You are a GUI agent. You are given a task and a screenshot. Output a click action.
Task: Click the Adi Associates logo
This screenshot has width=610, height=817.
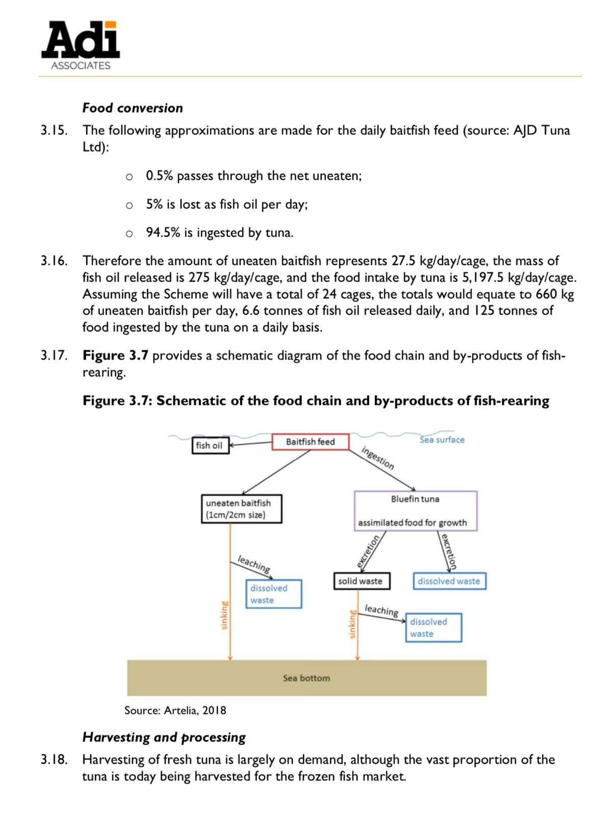(81, 45)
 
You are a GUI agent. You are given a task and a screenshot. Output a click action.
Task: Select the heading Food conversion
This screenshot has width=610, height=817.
(133, 108)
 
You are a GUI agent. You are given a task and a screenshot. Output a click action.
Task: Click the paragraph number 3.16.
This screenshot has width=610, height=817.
(54, 261)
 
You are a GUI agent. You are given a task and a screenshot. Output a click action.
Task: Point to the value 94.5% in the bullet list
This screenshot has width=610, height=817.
(163, 233)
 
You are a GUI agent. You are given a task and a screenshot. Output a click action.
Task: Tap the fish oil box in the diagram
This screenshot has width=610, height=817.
(209, 445)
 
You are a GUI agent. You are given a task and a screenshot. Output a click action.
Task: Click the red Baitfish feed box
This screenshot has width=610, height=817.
(310, 442)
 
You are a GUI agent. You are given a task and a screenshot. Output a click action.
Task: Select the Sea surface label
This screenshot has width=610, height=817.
(442, 440)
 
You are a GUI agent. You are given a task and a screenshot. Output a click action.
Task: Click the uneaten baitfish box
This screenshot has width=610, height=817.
(241, 509)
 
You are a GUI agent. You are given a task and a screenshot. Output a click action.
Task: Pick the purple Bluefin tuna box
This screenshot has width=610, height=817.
(415, 511)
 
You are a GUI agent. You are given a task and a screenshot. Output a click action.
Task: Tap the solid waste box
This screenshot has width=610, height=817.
(362, 581)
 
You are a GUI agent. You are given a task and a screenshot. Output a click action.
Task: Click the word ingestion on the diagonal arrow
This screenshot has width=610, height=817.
(378, 458)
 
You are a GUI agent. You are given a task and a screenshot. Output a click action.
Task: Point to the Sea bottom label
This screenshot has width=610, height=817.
(307, 678)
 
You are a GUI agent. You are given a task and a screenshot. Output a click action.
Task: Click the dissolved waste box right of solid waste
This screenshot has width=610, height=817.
(449, 581)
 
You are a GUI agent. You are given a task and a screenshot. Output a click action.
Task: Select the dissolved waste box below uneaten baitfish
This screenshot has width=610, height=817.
(273, 594)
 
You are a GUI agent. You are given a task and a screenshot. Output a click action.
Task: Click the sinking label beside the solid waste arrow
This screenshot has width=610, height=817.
(352, 624)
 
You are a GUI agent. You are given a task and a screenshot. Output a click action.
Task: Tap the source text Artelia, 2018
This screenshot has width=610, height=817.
(195, 710)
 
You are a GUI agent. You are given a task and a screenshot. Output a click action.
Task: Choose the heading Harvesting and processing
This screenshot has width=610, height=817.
(164, 737)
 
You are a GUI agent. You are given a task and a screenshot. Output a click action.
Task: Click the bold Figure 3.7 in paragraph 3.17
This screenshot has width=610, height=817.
(115, 355)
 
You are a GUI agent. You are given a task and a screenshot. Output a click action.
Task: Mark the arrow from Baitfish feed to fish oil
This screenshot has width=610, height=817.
(250, 444)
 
